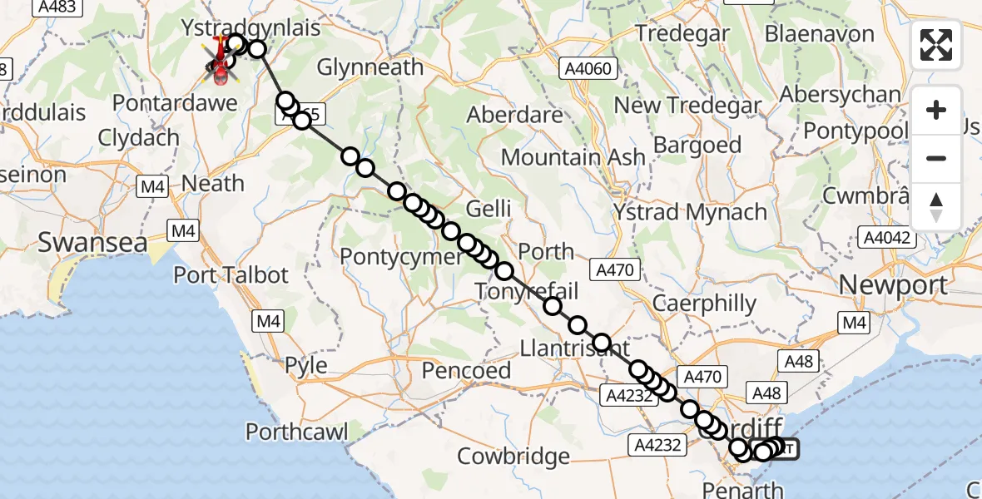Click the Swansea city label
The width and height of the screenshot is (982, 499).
click(x=92, y=244)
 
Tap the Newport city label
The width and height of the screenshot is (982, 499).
click(x=893, y=285)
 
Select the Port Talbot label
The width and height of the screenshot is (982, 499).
click(x=231, y=275)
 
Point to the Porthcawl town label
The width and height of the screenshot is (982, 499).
click(x=297, y=432)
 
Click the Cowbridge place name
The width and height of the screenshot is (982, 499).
click(x=513, y=456)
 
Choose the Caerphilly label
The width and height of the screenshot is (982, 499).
click(x=704, y=304)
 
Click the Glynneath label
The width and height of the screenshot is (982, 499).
click(x=370, y=67)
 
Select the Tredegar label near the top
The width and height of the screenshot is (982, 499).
click(x=682, y=34)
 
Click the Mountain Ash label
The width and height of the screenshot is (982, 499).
click(x=573, y=156)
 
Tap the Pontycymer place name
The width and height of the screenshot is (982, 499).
click(x=404, y=256)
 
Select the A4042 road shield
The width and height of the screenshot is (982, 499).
click(x=889, y=238)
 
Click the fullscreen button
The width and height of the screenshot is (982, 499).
click(x=936, y=45)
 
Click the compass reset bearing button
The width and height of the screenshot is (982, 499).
click(x=936, y=206)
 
